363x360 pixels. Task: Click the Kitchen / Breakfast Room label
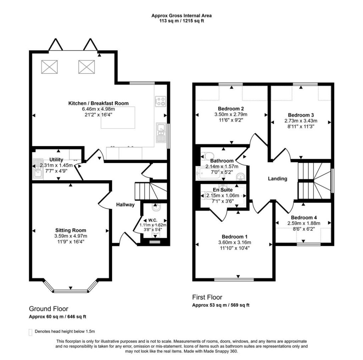pyautogui.click(x=99, y=103)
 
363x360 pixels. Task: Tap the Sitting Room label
pyautogui.click(x=71, y=230)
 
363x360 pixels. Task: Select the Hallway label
pyautogui.click(x=125, y=204)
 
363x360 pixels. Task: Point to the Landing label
pyautogui.click(x=278, y=179)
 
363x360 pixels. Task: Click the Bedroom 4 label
pyautogui.click(x=304, y=218)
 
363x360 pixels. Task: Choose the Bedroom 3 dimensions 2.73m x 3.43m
pyautogui.click(x=301, y=121)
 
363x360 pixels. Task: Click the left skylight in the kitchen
pyautogui.click(x=50, y=67)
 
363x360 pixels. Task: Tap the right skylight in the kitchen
pyautogui.click(x=86, y=67)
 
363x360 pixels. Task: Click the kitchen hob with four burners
pyautogui.click(x=161, y=101)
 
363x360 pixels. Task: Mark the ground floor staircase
pyautogui.click(x=151, y=191)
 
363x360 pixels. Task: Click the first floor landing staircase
pyautogui.click(x=314, y=180)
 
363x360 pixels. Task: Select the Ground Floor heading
pyautogui.click(x=49, y=309)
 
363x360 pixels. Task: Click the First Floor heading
pyautogui.click(x=207, y=297)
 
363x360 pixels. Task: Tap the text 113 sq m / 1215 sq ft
pyautogui.click(x=181, y=21)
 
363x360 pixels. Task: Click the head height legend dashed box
pyautogui.click(x=30, y=332)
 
